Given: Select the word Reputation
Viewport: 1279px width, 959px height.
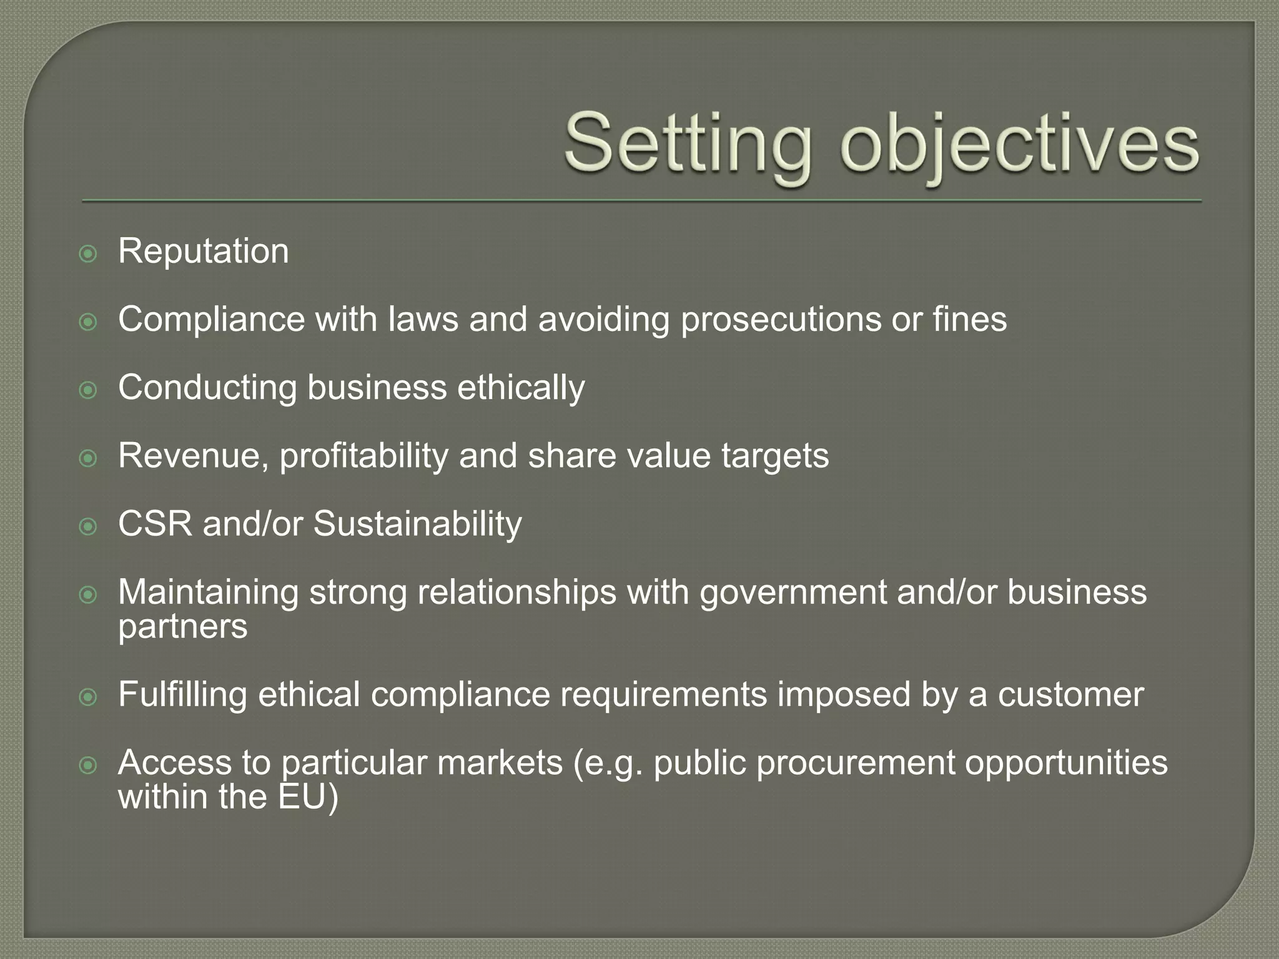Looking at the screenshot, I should [204, 252].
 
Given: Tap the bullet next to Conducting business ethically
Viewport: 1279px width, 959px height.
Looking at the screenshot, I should [89, 390].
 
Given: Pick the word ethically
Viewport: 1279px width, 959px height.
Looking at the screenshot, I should [521, 388].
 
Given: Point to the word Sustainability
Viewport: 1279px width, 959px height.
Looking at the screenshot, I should [417, 524].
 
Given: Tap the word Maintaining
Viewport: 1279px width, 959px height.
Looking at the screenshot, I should [209, 592].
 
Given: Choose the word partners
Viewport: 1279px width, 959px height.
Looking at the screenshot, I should [182, 627].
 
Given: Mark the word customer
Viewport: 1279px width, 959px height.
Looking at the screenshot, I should [1070, 695].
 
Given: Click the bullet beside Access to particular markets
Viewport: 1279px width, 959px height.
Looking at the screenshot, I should [89, 765].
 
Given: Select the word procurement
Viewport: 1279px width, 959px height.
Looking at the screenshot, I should [856, 764].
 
